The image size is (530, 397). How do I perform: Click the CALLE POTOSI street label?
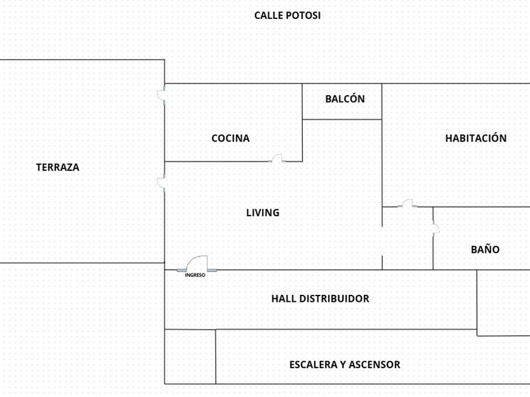pyautogui.click(x=287, y=16)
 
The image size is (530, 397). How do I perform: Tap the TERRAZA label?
pyautogui.click(x=58, y=168)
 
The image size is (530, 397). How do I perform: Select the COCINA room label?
pyautogui.click(x=230, y=139)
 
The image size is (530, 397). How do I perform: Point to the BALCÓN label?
pyautogui.click(x=345, y=99)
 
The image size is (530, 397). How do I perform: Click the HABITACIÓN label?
pyautogui.click(x=476, y=138)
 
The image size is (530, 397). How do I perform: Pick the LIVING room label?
pyautogui.click(x=262, y=213)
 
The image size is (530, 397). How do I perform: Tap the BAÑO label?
pyautogui.click(x=485, y=250)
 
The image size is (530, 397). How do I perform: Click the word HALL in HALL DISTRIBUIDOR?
pyautogui.click(x=284, y=299)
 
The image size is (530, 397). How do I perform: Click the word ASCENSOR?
pyautogui.click(x=375, y=365)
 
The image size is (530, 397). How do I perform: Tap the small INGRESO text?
pyautogui.click(x=195, y=275)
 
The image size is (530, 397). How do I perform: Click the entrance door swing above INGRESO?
pyautogui.click(x=197, y=263)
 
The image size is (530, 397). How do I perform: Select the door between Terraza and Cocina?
pyautogui.click(x=162, y=95)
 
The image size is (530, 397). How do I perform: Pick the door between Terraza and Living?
pyautogui.click(x=162, y=183)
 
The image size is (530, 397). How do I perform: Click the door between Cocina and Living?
pyautogui.click(x=277, y=158)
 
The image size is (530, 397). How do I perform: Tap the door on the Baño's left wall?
pyautogui.click(x=436, y=227)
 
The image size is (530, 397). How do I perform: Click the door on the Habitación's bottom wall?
pyautogui.click(x=408, y=203)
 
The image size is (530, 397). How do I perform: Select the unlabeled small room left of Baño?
pyautogui.click(x=408, y=238)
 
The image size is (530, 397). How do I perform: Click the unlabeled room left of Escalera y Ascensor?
pyautogui.click(x=191, y=357)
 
